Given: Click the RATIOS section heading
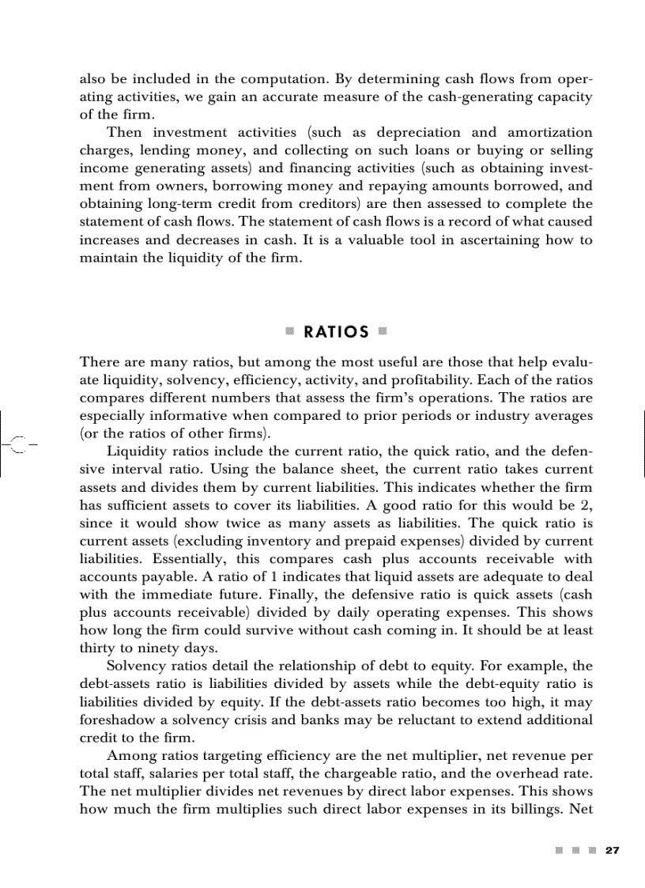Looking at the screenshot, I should pyautogui.click(x=337, y=332).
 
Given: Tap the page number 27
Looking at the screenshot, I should pyautogui.click(x=612, y=850).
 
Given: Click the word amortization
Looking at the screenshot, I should pyautogui.click(x=545, y=132).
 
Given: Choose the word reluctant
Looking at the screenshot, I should pyautogui.click(x=416, y=720).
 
